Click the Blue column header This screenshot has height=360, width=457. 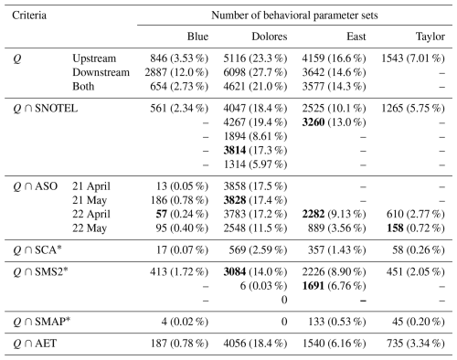pyautogui.click(x=197, y=37)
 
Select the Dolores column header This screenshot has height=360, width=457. pyautogui.click(x=270, y=37)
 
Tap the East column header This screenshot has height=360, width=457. pyautogui.click(x=356, y=37)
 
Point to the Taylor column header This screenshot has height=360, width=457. pyautogui.click(x=430, y=37)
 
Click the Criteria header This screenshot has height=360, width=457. pyautogui.click(x=29, y=16)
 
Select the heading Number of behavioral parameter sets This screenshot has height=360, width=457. pyautogui.click(x=294, y=16)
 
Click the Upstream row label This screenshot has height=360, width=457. pyautogui.click(x=94, y=58)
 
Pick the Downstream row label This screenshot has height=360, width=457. pyautogui.click(x=101, y=72)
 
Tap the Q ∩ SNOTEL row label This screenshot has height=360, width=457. pyautogui.click(x=46, y=109)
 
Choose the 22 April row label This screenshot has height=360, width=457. pyautogui.click(x=91, y=215)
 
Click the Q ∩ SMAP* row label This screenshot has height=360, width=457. pyautogui.click(x=42, y=322)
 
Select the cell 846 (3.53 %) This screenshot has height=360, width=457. pyautogui.click(x=179, y=58)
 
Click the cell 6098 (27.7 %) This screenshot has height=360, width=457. pyautogui.click(x=255, y=72)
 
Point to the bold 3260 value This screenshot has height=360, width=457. pyautogui.click(x=314, y=122)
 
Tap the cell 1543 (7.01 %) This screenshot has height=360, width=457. pyautogui.click(x=413, y=58)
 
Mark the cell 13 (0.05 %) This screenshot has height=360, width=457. pyautogui.click(x=183, y=186)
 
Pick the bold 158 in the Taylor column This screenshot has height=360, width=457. pyautogui.click(x=395, y=228)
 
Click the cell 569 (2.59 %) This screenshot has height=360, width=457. pyautogui.click(x=258, y=250)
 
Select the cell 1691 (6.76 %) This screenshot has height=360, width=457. pyautogui.click(x=334, y=286)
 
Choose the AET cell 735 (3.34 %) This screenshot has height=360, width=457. pyautogui.click(x=416, y=344)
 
